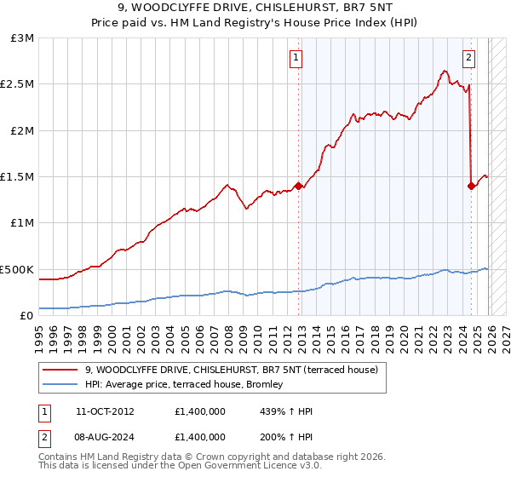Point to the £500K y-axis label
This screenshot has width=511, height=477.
[x=17, y=269]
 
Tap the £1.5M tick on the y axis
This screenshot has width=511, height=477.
[x=17, y=177]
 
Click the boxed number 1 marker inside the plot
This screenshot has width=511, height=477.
[x=296, y=58]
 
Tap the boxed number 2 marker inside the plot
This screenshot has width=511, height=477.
[x=469, y=58]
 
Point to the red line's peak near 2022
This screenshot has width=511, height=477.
[x=445, y=71]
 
